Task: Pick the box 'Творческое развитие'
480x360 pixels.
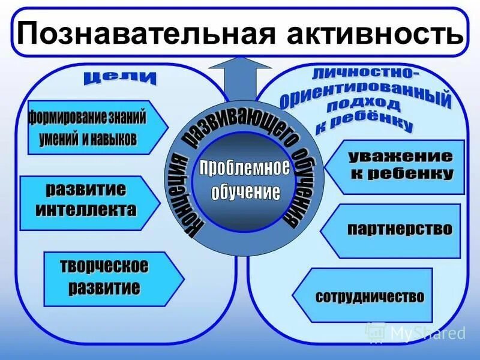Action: click(108, 276)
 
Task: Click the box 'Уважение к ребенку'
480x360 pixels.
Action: click(399, 167)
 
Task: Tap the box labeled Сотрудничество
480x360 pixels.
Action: click(369, 296)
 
